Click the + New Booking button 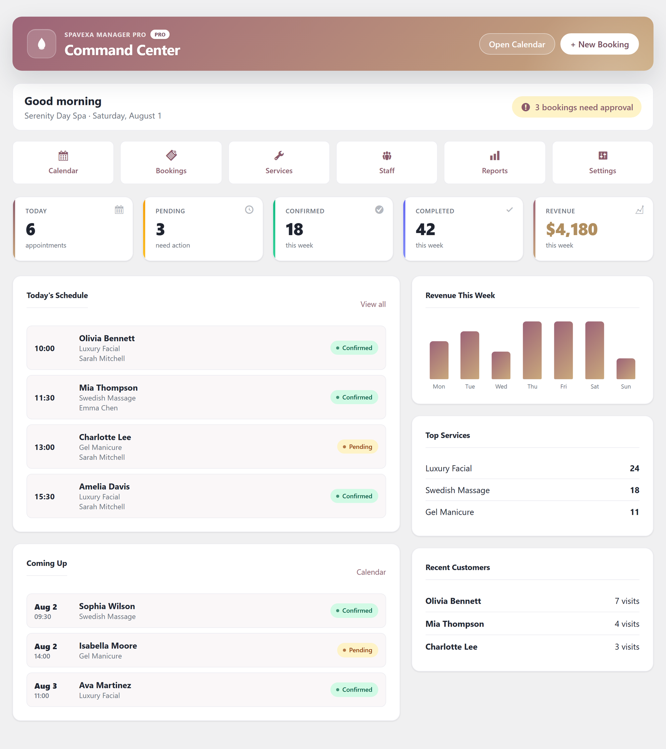(599, 44)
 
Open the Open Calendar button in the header (517, 44)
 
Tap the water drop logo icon (42, 44)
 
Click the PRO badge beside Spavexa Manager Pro (160, 35)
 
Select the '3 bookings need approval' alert (577, 107)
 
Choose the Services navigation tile (279, 162)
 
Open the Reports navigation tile (495, 162)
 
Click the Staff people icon (387, 156)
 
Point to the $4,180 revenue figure (572, 229)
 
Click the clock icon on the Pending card (249, 210)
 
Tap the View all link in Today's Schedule (373, 304)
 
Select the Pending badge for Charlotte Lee (358, 447)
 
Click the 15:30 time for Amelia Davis (45, 496)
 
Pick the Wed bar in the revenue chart (501, 365)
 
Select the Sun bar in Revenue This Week (626, 369)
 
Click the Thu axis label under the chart (532, 387)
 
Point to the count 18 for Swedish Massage (634, 490)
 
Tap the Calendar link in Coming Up (371, 572)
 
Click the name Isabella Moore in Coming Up (108, 646)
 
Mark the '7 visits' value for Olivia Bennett (627, 601)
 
